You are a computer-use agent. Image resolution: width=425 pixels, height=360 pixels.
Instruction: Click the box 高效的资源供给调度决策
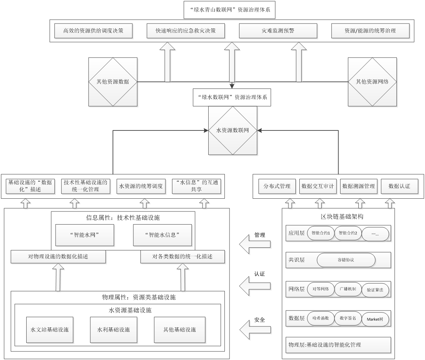pos(93,31)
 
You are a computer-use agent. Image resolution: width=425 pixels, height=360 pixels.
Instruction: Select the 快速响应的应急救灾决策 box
pos(186,31)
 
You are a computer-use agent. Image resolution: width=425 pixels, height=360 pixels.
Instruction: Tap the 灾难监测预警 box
pos(278,31)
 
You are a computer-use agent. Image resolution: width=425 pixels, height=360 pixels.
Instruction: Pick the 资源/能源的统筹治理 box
pos(370,31)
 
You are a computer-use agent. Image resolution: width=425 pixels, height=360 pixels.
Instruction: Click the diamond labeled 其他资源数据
pos(113,82)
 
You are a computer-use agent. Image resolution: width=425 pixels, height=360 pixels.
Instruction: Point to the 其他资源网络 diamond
pos(372,82)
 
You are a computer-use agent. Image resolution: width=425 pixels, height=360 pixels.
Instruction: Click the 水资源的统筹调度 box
pos(141,186)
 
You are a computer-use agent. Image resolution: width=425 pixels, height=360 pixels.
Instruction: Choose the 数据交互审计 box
pos(318,186)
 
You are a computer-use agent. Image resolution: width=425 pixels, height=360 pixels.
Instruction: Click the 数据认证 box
pos(400,186)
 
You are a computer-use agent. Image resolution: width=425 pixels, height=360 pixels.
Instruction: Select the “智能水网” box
pos(85,235)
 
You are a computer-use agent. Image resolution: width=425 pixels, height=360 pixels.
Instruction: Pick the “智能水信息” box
pos(162,235)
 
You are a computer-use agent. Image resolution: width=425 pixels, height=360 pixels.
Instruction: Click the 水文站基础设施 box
pos(50,330)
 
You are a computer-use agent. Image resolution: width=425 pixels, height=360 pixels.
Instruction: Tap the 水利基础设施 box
pos(113,330)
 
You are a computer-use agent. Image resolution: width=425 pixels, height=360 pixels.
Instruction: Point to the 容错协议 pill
pos(346,260)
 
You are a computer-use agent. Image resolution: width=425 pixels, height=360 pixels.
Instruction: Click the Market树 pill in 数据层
pos(375,319)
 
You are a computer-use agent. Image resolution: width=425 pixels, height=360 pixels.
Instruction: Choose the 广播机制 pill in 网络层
pos(348,289)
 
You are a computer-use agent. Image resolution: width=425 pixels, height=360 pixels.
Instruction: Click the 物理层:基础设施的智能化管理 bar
pos(338,345)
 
